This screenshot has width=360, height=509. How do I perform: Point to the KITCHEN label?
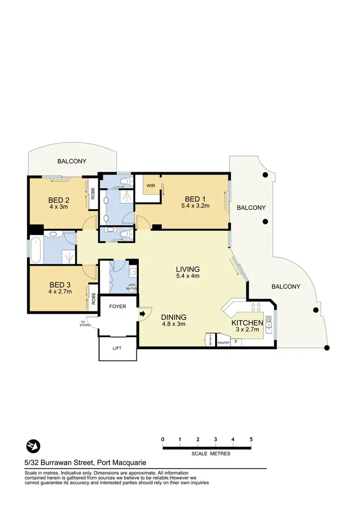247,323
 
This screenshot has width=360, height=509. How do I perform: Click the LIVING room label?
188,269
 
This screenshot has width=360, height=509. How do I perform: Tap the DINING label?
173,317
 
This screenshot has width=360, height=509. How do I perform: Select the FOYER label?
118,306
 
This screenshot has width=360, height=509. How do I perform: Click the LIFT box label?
118,350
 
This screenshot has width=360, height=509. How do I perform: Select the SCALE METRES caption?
211,453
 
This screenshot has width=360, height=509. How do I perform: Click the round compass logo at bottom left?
33,446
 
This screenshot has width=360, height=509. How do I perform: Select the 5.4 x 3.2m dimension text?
195,206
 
